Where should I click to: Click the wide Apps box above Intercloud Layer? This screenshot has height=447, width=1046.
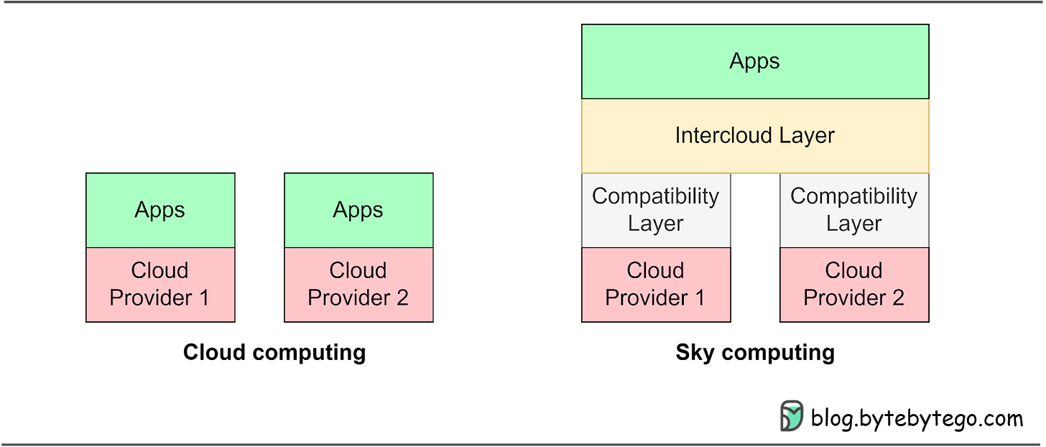754,62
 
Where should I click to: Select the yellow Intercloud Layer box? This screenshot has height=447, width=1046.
754,136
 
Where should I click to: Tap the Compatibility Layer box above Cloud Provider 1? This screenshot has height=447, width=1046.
656,210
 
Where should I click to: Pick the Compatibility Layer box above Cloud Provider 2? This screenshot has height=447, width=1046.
853,210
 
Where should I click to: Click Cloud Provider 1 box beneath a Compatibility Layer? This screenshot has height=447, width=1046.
656,284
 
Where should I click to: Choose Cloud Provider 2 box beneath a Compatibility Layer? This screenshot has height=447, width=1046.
853,284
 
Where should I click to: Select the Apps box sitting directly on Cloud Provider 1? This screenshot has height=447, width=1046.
160,210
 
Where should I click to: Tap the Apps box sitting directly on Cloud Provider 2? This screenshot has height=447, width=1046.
358,210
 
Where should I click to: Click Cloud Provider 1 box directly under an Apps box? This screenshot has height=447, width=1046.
160,284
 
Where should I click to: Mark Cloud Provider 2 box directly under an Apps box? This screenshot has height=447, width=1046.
358,284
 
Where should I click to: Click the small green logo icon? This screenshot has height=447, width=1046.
791,415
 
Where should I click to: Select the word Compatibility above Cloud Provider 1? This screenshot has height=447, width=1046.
656,196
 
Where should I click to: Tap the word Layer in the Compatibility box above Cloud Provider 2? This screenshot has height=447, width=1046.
853,223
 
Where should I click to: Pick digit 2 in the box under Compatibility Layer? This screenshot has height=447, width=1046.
897,298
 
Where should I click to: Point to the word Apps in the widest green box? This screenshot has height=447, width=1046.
754,62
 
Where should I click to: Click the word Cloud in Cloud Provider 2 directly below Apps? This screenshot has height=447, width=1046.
358,270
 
